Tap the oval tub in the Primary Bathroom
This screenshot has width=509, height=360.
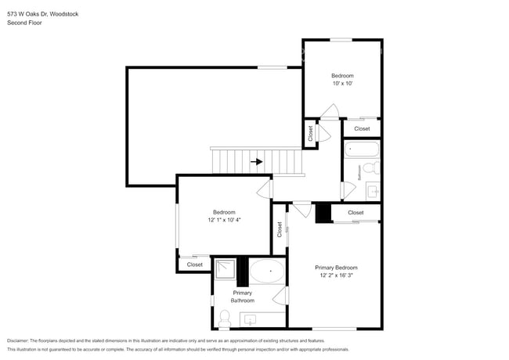coord(266,272)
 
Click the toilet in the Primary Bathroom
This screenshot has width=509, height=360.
coord(225,317)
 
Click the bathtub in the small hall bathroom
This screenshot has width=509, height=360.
coord(362,149)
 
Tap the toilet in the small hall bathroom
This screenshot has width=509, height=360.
coord(375,167)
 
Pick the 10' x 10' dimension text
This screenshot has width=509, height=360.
coord(342,84)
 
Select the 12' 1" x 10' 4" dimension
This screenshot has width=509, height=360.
coord(224,220)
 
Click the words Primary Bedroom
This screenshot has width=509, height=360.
coord(337,267)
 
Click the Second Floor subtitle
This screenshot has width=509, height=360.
coord(25,23)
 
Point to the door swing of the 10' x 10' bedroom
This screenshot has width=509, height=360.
coord(332,110)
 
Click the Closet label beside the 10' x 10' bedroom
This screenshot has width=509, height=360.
coord(362,128)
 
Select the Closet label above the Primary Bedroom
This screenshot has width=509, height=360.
coord(356,212)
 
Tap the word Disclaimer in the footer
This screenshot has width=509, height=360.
coord(22,340)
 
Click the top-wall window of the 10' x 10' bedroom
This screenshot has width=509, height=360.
coord(341,40)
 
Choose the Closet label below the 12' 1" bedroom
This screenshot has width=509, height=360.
coord(194,265)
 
